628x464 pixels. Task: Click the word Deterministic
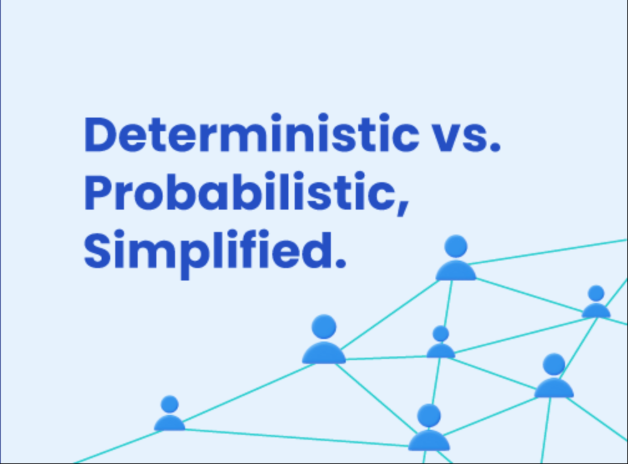pyautogui.click(x=250, y=135)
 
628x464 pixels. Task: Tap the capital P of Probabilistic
pyautogui.click(x=99, y=193)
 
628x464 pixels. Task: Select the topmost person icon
pyautogui.click(x=456, y=259)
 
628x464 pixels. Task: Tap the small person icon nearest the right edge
pyautogui.click(x=596, y=303)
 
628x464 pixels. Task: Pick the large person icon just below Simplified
pyautogui.click(x=324, y=340)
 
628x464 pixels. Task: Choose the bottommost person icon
pyautogui.click(x=429, y=429)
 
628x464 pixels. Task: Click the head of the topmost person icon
pyautogui.click(x=456, y=246)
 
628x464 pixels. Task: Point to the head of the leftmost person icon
pyautogui.click(x=169, y=405)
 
